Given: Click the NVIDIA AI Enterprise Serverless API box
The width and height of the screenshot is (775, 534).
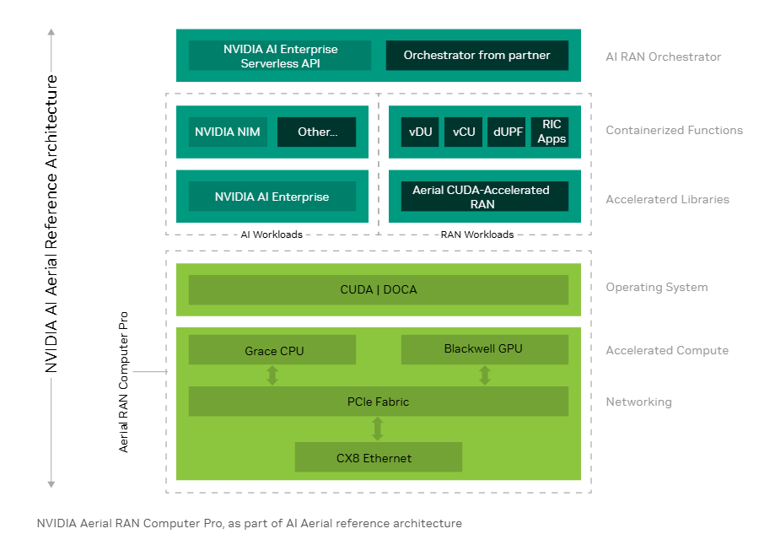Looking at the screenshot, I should pyautogui.click(x=280, y=56).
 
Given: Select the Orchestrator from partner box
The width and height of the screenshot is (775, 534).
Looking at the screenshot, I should pyautogui.click(x=476, y=56).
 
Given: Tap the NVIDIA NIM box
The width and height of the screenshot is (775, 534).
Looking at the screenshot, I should pyautogui.click(x=228, y=132).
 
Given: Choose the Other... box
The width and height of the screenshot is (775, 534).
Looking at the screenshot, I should pyautogui.click(x=316, y=132).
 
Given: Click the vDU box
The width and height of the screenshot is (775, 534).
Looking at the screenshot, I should pyautogui.click(x=419, y=132).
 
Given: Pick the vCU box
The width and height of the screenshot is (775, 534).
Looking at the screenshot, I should pyautogui.click(x=463, y=132).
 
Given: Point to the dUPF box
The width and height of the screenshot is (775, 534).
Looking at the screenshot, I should pyautogui.click(x=507, y=132).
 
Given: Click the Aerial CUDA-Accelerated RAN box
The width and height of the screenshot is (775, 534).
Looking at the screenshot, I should pyautogui.click(x=480, y=197).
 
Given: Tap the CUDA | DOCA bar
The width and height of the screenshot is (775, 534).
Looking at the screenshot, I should pyautogui.click(x=378, y=289).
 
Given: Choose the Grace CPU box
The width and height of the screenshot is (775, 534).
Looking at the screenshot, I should pyautogui.click(x=272, y=350).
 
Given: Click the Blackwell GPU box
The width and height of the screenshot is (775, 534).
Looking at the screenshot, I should pyautogui.click(x=483, y=349).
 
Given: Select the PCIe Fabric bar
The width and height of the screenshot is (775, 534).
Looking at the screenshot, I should pyautogui.click(x=378, y=402).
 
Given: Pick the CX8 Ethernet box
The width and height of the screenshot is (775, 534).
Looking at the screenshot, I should pyautogui.click(x=378, y=457).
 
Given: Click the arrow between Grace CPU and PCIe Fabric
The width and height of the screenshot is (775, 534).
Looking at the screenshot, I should pyautogui.click(x=272, y=375).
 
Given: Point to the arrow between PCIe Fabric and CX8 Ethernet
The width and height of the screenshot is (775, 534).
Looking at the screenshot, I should pyautogui.click(x=378, y=429).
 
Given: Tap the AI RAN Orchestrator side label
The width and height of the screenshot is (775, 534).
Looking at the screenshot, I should pyautogui.click(x=663, y=57).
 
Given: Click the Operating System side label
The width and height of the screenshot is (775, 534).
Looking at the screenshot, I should pyautogui.click(x=656, y=288).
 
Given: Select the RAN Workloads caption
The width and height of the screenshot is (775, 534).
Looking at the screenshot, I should pyautogui.click(x=477, y=235).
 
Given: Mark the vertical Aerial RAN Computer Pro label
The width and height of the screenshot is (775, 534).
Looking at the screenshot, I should pyautogui.click(x=124, y=380).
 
